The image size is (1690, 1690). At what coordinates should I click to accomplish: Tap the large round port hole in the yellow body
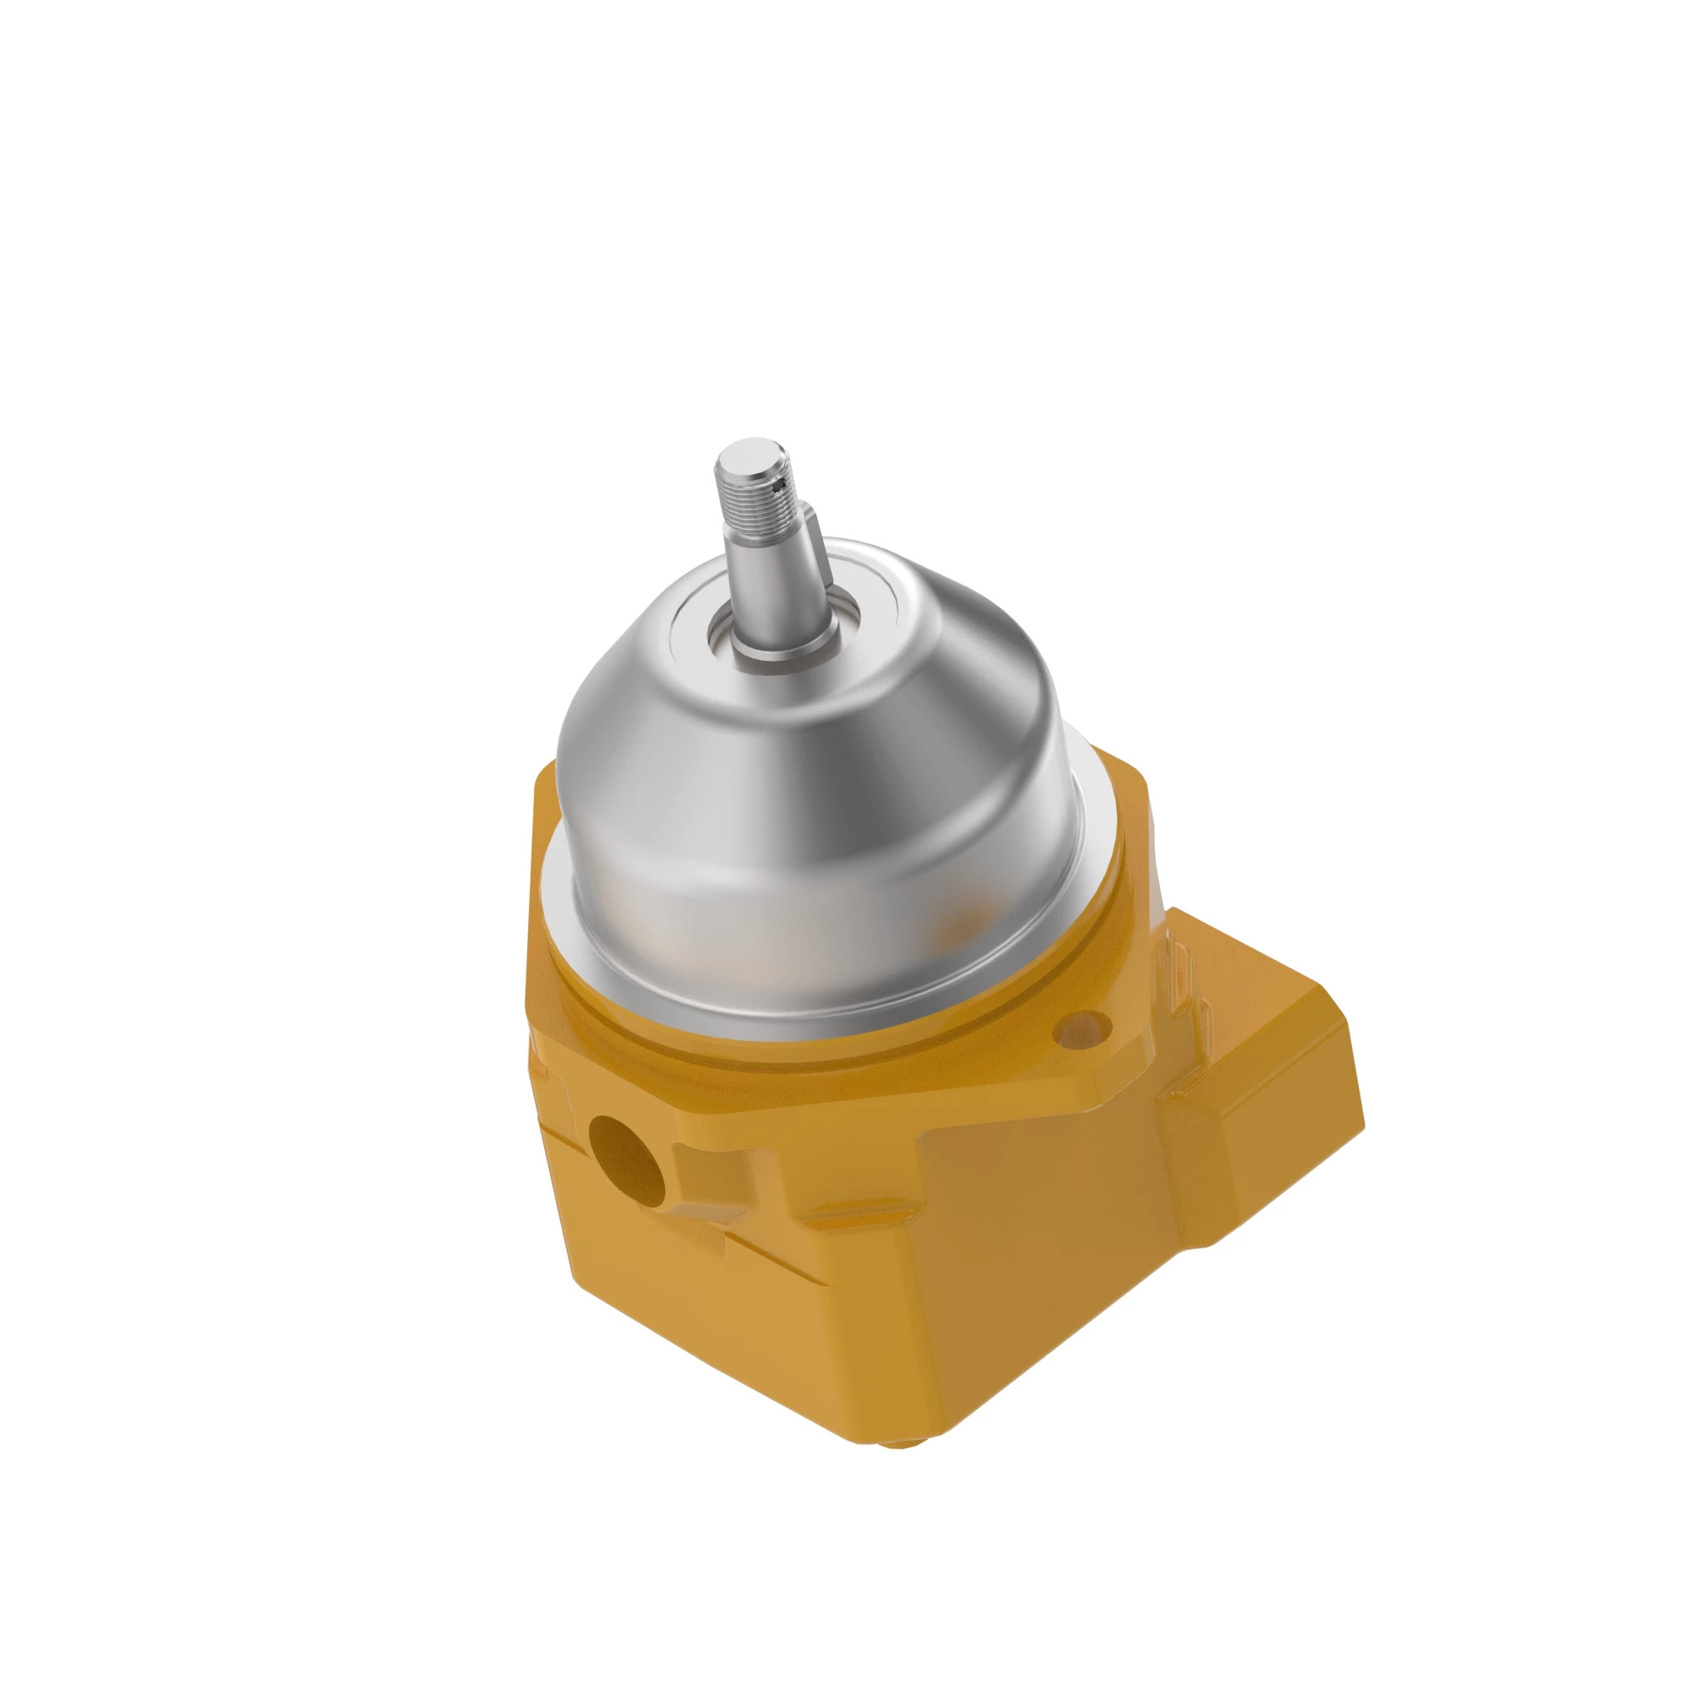click(625, 1161)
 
